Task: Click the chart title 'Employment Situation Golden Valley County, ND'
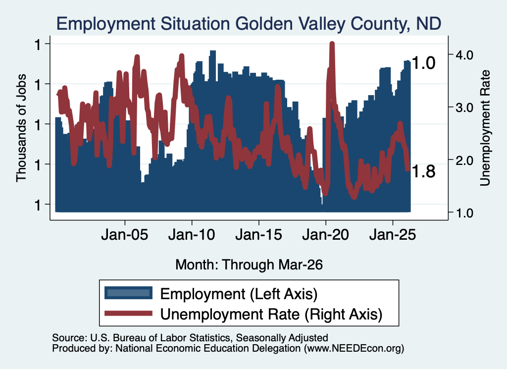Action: pos(249,24)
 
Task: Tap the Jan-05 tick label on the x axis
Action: pos(124,235)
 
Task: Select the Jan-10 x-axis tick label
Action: pos(192,235)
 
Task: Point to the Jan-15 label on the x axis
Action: pos(258,235)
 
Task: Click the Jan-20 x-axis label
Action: pos(326,235)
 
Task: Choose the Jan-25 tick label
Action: pos(393,235)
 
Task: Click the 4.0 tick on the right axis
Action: pos(464,55)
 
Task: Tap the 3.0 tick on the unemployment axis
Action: pos(464,107)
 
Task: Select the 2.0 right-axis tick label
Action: pos(464,160)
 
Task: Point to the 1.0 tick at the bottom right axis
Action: pos(464,213)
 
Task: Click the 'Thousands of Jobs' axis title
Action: pos(21,128)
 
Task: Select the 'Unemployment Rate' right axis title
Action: pos(485,128)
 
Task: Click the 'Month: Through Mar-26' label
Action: pos(249,264)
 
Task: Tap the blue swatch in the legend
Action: pos(128,293)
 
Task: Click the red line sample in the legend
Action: pos(128,313)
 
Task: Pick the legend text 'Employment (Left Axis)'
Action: pos(239,294)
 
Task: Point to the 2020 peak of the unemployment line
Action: pos(332,43)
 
